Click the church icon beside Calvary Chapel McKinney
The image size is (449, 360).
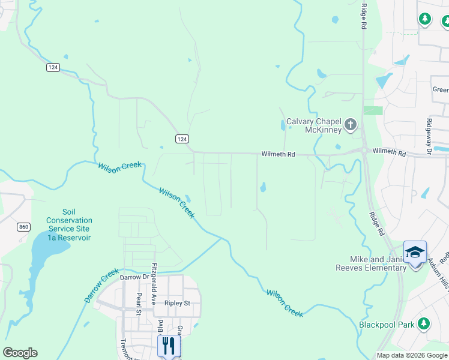tap(350, 125)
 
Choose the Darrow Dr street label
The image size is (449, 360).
tap(133, 277)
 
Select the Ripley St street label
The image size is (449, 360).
tap(177, 304)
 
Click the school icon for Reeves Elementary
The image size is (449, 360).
tap(415, 252)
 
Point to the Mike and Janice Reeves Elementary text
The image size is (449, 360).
tap(370, 263)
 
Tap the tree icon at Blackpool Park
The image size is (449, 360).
tap(424, 324)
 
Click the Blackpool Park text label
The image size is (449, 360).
tap(387, 325)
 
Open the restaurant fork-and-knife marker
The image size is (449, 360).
tap(169, 346)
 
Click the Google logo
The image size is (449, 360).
tap(20, 353)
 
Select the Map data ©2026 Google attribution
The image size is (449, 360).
tap(412, 355)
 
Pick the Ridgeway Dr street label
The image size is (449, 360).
tap(429, 136)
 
